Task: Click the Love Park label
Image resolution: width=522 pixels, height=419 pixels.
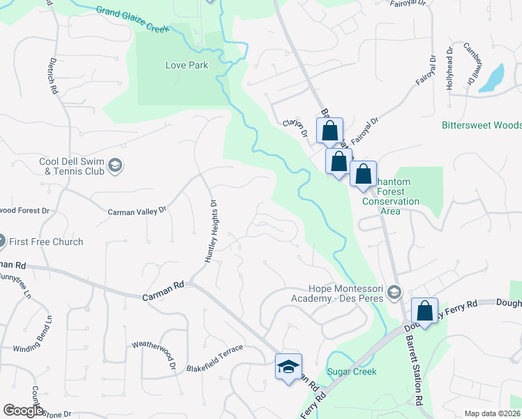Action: (x=186, y=65)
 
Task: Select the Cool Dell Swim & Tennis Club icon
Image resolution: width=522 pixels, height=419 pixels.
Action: (x=116, y=166)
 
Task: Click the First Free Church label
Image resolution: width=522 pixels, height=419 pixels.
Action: (x=47, y=242)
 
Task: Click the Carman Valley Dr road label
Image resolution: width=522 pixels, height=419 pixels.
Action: (x=137, y=209)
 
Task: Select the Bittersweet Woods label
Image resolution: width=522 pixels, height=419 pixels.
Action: (x=482, y=126)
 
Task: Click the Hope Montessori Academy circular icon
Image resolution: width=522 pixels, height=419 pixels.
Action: (x=396, y=291)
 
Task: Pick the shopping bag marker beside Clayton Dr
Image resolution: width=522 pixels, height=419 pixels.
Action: (x=329, y=131)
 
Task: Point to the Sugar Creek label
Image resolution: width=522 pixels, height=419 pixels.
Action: (x=352, y=372)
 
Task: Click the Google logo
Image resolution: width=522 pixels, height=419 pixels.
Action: (x=23, y=411)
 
